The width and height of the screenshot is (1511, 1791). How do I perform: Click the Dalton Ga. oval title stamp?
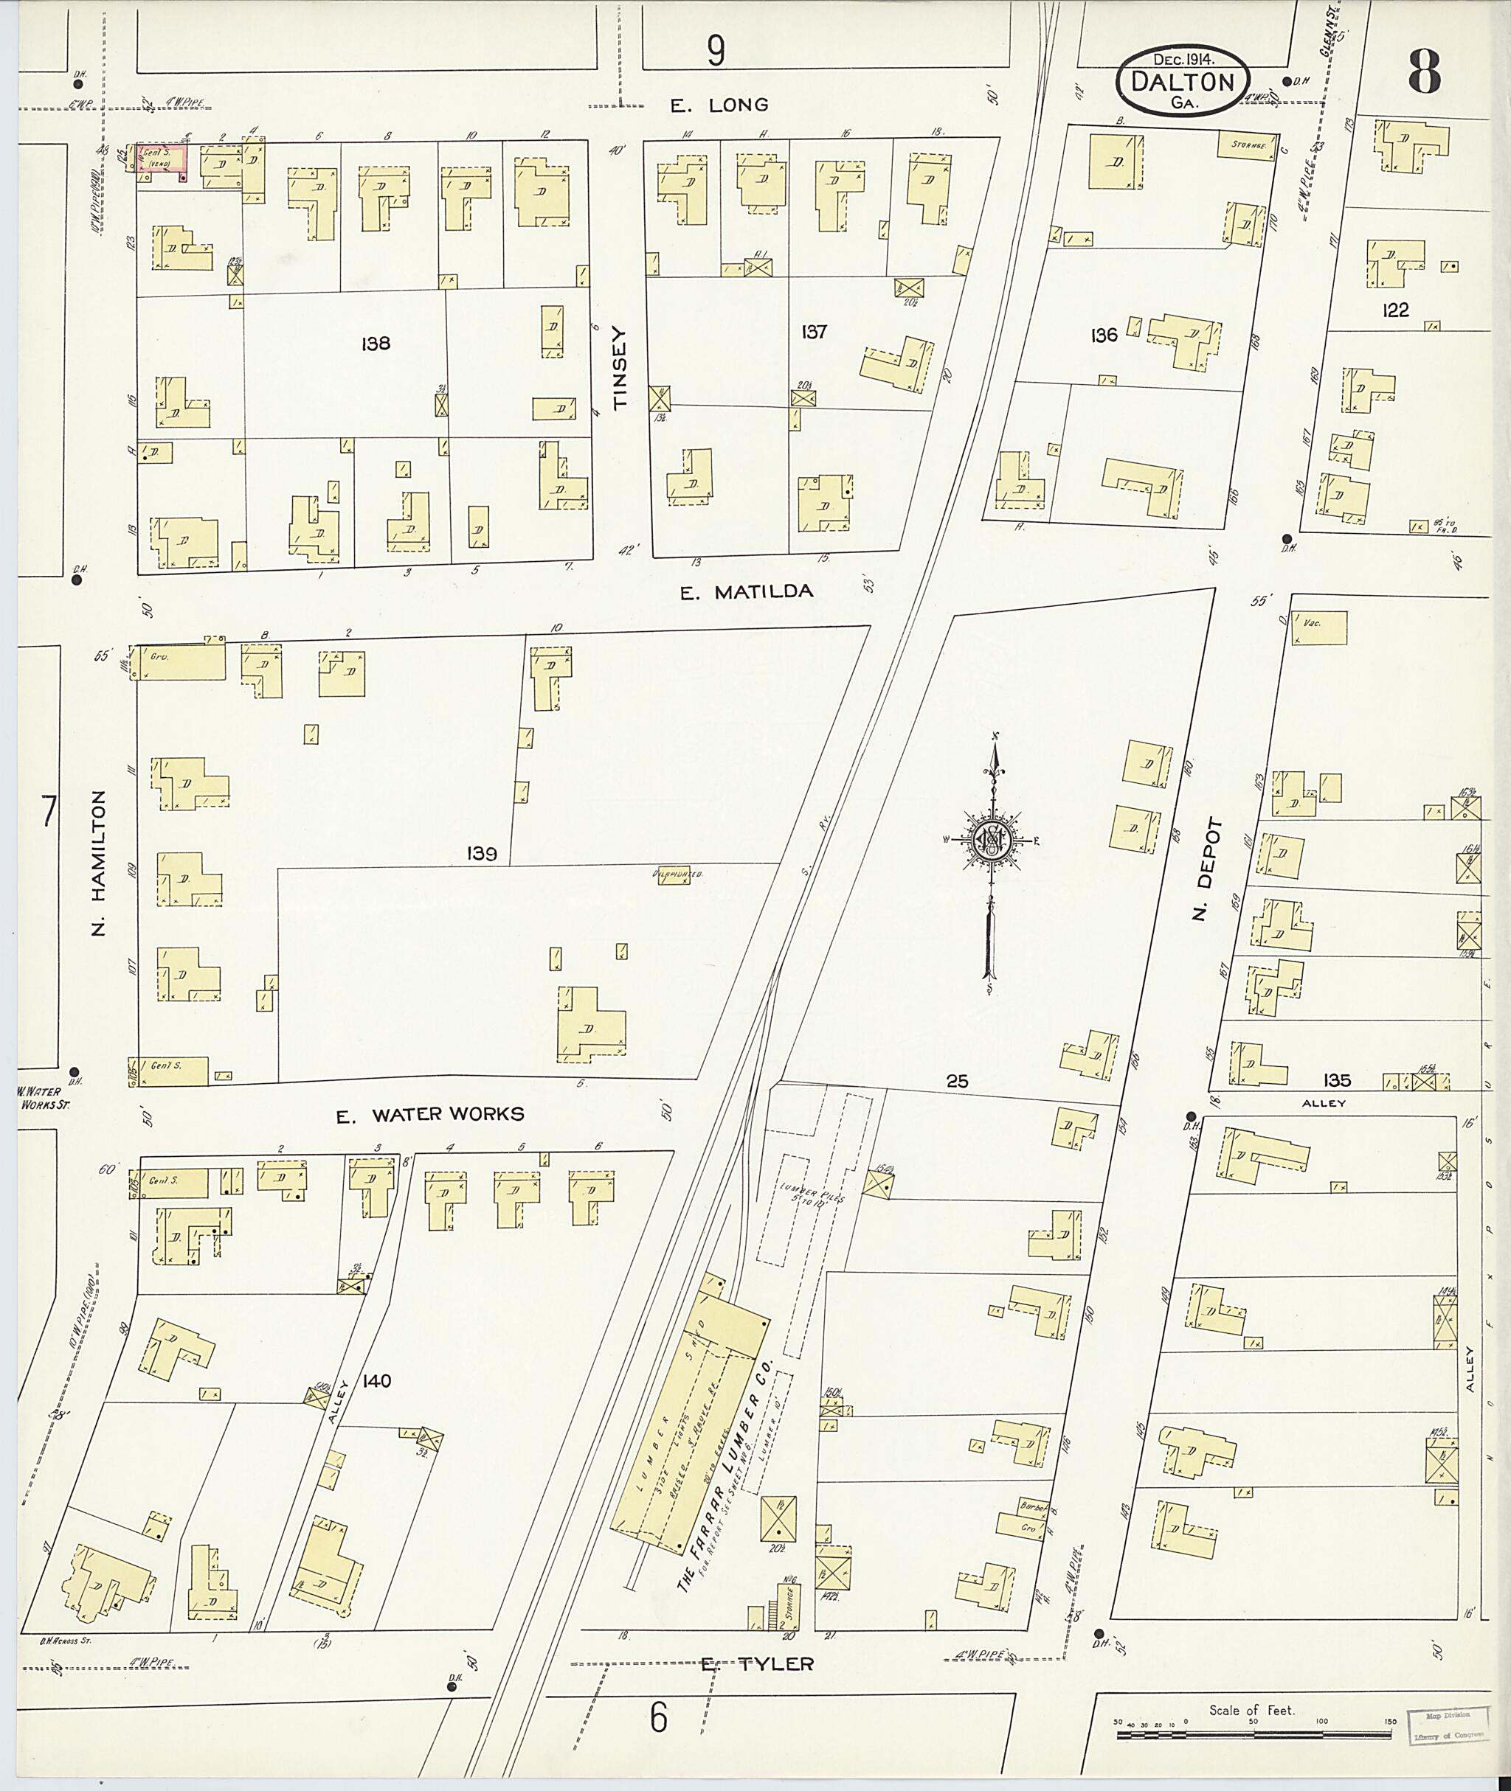click(1182, 80)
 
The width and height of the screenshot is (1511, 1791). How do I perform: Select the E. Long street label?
click(719, 105)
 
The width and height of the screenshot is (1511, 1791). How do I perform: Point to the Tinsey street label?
click(620, 368)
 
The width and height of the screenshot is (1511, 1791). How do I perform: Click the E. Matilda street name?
click(746, 591)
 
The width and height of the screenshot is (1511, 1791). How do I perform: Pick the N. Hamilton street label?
click(99, 862)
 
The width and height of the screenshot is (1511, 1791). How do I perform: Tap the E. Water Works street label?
click(429, 1115)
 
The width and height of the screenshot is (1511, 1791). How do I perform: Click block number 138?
click(376, 344)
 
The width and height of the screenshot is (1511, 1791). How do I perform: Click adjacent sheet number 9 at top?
click(715, 52)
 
